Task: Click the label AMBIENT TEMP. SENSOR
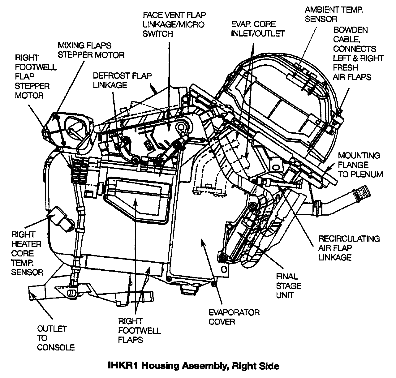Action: (334, 14)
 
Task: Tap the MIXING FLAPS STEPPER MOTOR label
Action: (91, 50)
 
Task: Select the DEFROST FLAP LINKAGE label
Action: (123, 80)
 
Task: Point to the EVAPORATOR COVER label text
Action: (234, 317)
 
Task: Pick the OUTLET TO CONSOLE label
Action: (56, 338)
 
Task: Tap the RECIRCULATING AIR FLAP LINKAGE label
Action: (349, 248)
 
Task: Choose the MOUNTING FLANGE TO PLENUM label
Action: (360, 165)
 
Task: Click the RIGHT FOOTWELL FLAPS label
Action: (139, 330)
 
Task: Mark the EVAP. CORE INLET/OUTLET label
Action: (257, 29)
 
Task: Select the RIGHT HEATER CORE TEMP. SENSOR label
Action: (27, 253)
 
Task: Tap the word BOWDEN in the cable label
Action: (351, 30)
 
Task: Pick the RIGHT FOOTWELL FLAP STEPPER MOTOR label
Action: (32, 76)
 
